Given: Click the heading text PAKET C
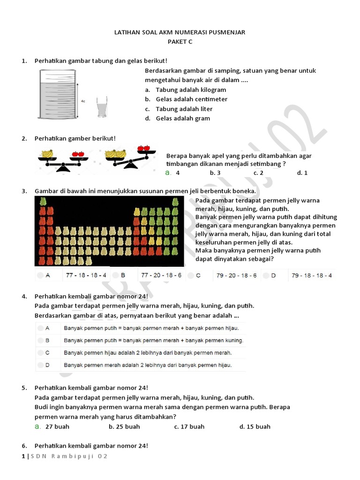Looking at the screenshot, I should click(180, 42).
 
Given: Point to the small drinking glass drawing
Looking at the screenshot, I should click(101, 107).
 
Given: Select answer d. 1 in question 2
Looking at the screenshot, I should click(302, 172).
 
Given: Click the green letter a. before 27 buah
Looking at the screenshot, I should click(37, 427).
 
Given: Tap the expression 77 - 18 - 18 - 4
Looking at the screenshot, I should click(86, 276).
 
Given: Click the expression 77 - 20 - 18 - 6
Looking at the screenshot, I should click(161, 276).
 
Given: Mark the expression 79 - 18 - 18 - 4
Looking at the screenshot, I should click(312, 276).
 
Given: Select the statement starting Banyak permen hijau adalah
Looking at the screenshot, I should click(148, 352).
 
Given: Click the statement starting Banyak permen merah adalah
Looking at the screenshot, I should click(148, 365).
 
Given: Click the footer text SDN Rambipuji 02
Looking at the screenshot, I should click(69, 457).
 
